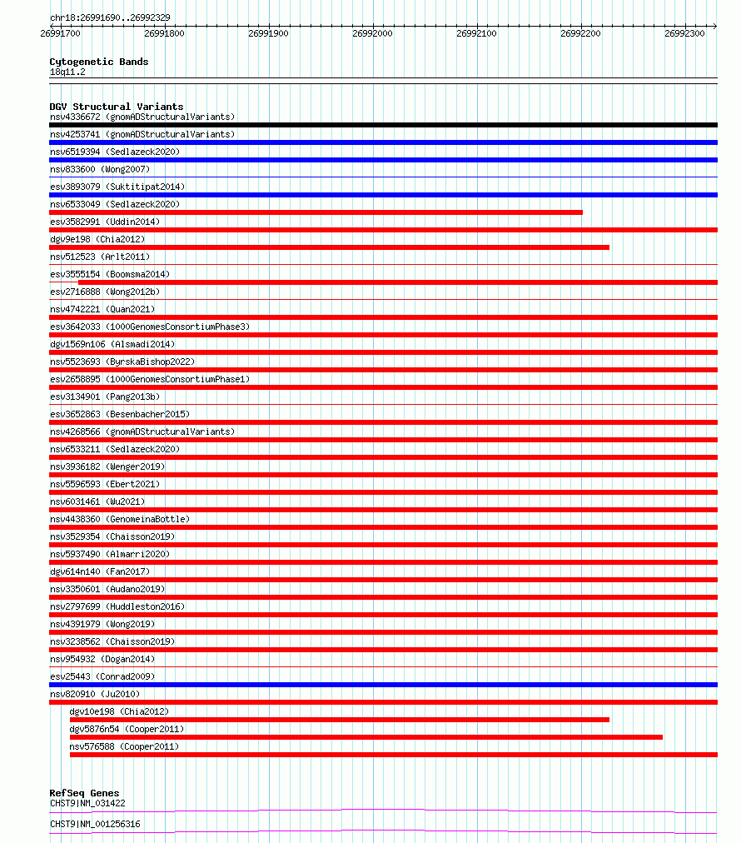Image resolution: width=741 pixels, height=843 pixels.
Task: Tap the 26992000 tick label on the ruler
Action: point(372,33)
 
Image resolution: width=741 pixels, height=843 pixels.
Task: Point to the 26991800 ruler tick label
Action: point(164,33)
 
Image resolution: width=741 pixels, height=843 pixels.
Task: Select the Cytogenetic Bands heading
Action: point(98,62)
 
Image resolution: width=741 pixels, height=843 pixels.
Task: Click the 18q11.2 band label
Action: point(67,72)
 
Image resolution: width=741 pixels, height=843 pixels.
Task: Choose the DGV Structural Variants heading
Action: point(116,107)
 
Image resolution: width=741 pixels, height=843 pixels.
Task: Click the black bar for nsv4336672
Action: point(383,125)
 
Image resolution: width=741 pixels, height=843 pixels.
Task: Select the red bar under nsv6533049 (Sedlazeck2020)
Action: point(316,212)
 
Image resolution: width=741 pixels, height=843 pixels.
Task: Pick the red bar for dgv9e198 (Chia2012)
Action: point(329,247)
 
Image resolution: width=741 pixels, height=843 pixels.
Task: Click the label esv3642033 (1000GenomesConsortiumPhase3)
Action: point(149,327)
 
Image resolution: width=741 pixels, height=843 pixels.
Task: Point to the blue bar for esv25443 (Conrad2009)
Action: point(383,685)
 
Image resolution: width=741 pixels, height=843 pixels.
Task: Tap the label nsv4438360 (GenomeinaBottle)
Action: point(119,519)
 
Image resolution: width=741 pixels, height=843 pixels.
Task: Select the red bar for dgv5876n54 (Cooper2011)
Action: point(366,737)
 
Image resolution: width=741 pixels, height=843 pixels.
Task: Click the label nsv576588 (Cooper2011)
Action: point(124,746)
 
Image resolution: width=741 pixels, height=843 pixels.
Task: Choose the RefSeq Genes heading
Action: point(84,793)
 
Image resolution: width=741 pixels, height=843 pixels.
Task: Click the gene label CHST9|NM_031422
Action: point(87,803)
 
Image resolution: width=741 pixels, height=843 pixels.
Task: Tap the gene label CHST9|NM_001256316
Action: point(95,824)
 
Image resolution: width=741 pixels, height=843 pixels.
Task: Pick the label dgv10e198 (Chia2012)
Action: point(118,711)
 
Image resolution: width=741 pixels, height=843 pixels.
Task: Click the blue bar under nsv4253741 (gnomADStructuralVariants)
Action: point(383,142)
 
